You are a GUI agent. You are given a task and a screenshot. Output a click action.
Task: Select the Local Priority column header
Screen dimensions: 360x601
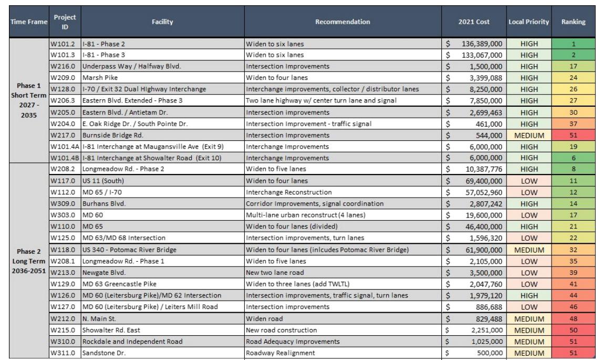coord(529,22)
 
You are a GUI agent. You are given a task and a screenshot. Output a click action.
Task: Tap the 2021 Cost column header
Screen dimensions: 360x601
coord(473,22)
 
